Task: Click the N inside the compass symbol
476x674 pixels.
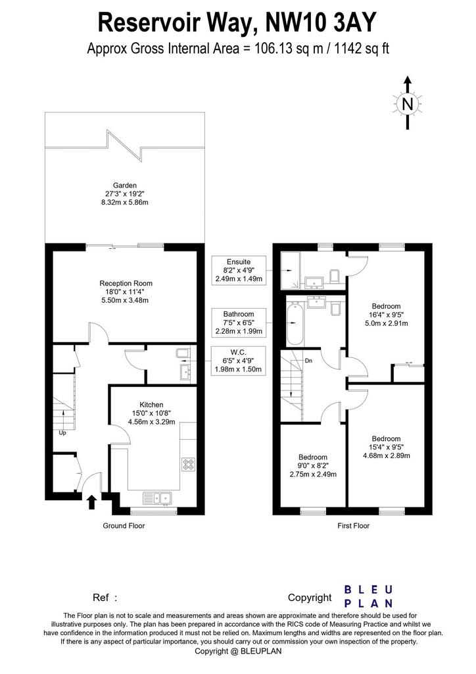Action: click(x=408, y=103)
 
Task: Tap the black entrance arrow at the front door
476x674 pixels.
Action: click(x=91, y=502)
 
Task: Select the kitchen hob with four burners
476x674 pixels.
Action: click(x=188, y=464)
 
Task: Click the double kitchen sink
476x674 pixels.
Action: click(x=156, y=498)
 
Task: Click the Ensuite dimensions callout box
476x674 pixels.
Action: click(x=239, y=271)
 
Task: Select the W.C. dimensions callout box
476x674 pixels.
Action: click(x=239, y=361)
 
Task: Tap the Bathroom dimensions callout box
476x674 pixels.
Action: click(x=239, y=323)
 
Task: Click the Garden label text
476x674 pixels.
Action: click(x=125, y=186)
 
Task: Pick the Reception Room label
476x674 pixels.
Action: click(x=126, y=283)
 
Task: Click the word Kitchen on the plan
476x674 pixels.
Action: click(x=151, y=405)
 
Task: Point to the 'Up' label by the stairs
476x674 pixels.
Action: click(x=62, y=433)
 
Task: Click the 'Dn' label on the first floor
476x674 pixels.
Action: click(x=308, y=361)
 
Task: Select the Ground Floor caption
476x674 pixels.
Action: click(x=124, y=525)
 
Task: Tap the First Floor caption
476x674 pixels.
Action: click(x=353, y=525)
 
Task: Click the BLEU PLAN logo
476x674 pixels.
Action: click(x=369, y=596)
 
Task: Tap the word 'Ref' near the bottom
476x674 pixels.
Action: click(x=101, y=598)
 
